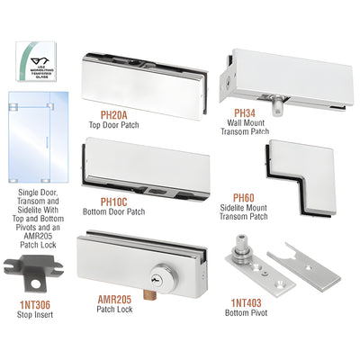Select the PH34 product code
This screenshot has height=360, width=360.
pyautogui.click(x=244, y=112)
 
